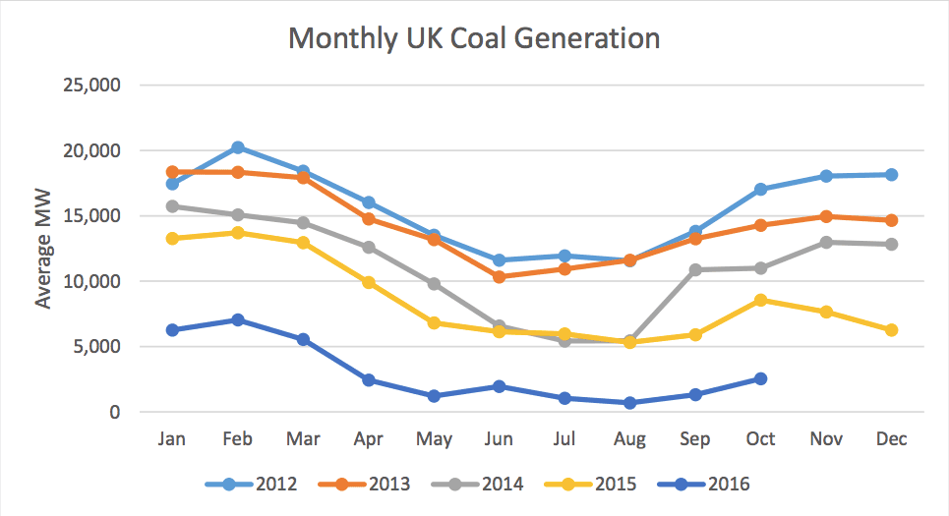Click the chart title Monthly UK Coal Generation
pos(474,38)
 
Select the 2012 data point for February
pos(238,147)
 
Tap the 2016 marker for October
pos(760,378)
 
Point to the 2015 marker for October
pos(760,300)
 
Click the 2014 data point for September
pos(695,269)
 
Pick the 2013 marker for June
pos(500,277)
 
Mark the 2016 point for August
pos(629,403)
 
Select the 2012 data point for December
pos(891,175)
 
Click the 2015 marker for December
pos(891,330)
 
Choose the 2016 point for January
pos(173,330)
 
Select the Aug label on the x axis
pos(629,438)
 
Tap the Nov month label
pos(826,438)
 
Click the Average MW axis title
pos(43,249)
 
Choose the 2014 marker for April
pos(369,248)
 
